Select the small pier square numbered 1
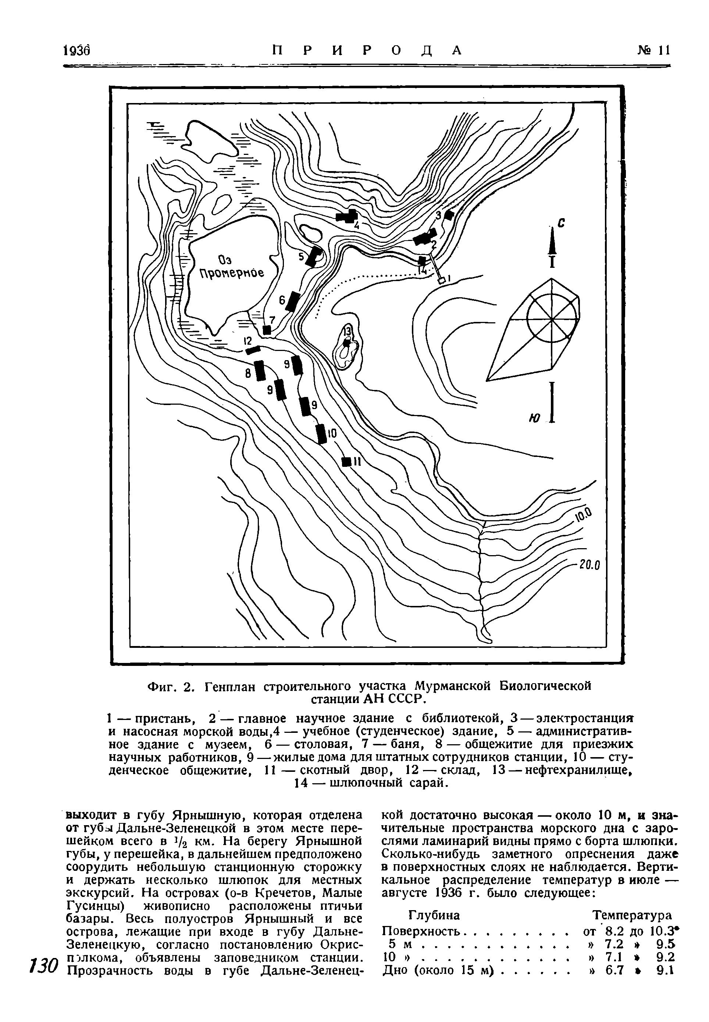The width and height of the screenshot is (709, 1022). [x=442, y=280]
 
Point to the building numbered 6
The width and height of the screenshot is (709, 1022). [x=293, y=302]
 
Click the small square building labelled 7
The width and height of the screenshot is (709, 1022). [x=267, y=329]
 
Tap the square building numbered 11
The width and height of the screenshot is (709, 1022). [x=346, y=462]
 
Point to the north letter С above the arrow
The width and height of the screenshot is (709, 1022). [x=561, y=224]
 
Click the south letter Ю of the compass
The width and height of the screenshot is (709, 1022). [x=534, y=418]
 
